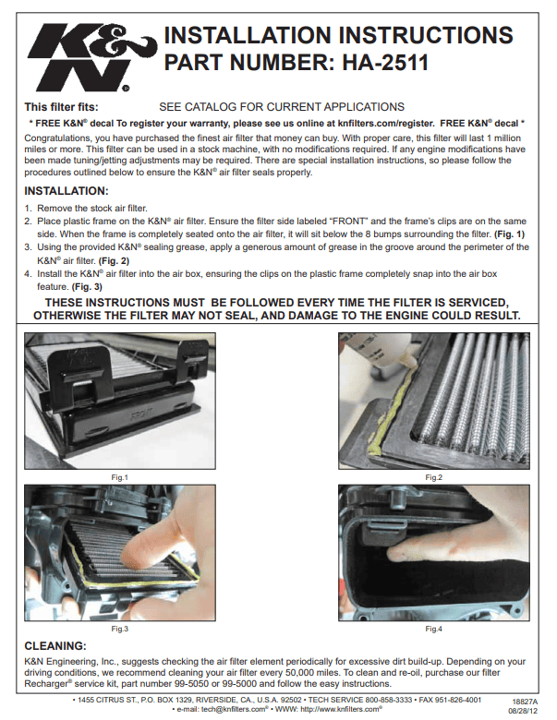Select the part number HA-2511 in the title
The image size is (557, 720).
(385, 63)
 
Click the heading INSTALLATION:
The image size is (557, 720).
(67, 191)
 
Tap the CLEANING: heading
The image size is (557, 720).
(55, 646)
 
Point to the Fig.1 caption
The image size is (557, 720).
(119, 477)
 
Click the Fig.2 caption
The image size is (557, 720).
(433, 477)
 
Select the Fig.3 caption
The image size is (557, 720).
(119, 629)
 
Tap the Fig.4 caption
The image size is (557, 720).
(433, 629)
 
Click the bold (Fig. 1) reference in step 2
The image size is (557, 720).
(509, 234)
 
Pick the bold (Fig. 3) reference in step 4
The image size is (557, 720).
(87, 287)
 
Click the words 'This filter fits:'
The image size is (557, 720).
(61, 107)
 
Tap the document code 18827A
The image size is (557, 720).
(525, 702)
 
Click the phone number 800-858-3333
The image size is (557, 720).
(389, 700)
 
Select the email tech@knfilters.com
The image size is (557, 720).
(233, 709)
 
